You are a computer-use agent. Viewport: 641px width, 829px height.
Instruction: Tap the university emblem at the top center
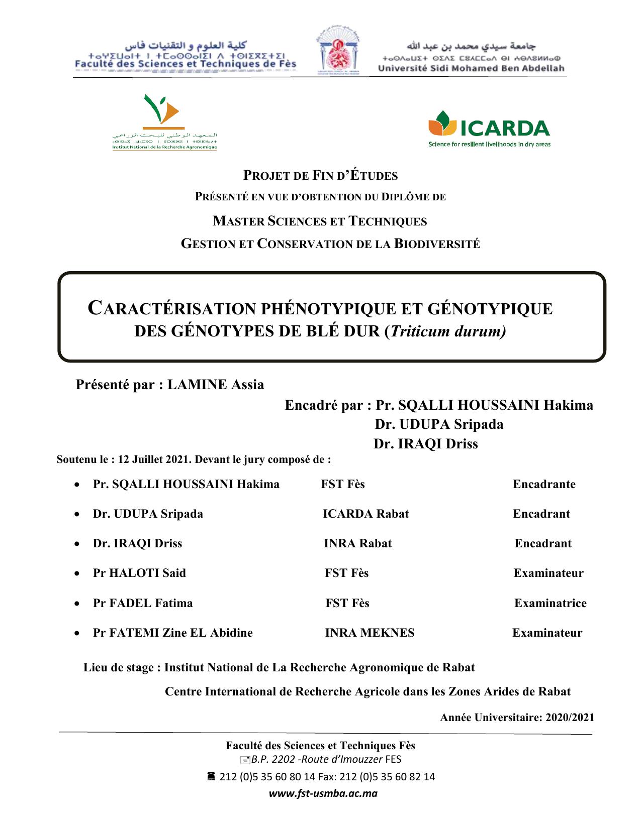[x=337, y=55]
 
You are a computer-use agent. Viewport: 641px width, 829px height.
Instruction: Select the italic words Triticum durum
[x=447, y=331]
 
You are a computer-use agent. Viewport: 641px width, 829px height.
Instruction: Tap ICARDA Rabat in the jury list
[x=365, y=514]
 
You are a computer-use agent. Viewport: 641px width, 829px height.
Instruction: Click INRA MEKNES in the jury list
[x=370, y=633]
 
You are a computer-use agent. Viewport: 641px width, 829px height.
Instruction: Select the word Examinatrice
[x=550, y=603]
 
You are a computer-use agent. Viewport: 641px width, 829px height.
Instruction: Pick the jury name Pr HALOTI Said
[x=139, y=573]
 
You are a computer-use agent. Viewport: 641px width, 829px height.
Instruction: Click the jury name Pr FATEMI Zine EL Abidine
[x=172, y=633]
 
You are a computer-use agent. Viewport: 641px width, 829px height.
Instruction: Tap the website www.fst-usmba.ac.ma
[x=323, y=794]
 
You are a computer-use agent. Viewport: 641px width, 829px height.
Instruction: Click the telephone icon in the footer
[x=211, y=776]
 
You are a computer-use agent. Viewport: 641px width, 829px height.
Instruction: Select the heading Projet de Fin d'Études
[x=321, y=175]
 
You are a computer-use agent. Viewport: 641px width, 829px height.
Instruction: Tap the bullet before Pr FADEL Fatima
[x=76, y=604]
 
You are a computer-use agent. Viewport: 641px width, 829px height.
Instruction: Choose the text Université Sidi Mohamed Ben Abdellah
[x=471, y=68]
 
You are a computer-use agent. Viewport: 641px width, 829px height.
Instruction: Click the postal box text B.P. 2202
[x=273, y=759]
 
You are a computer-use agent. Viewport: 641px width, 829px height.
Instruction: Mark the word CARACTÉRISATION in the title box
[x=171, y=308]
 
